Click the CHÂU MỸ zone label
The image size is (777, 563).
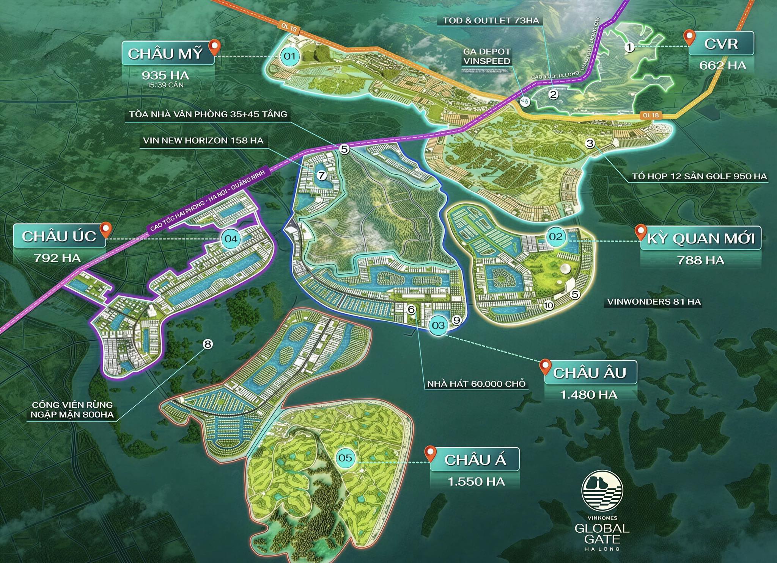[165, 54]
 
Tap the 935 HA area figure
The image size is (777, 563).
[165, 75]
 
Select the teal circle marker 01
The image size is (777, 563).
[289, 56]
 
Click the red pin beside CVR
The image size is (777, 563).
[689, 38]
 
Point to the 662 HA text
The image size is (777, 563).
[723, 66]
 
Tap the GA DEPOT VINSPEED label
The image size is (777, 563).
[487, 56]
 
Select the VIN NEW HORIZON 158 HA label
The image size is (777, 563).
[203, 141]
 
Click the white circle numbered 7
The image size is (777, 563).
[321, 175]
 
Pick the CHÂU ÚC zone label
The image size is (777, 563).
[59, 236]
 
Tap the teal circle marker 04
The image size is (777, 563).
[231, 239]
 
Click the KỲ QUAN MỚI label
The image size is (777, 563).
[700, 239]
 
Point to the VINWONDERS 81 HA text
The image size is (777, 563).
[654, 302]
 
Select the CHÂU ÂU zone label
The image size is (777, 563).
[589, 373]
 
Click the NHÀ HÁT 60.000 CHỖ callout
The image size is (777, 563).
[476, 384]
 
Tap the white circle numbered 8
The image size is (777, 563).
[208, 344]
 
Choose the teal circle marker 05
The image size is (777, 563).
[345, 458]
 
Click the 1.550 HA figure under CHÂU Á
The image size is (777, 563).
[476, 482]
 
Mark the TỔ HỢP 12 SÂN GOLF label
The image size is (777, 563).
[699, 176]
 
